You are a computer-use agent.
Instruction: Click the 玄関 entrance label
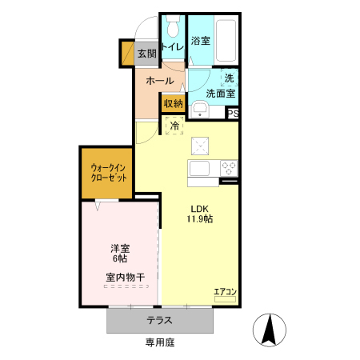pyautogui.click(x=146, y=54)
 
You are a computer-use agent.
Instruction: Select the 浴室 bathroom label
pyautogui.click(x=201, y=40)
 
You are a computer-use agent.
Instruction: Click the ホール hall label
pyautogui.click(x=160, y=81)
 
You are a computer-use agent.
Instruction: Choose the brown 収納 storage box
pyautogui.click(x=174, y=103)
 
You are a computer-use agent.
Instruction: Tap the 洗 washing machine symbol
pyautogui.click(x=229, y=78)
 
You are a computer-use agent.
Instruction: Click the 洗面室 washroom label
pyautogui.click(x=220, y=94)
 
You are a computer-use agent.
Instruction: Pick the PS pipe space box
pyautogui.click(x=233, y=114)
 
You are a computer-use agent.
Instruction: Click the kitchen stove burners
pyautogui.click(x=229, y=169)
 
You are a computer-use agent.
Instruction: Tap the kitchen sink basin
pyautogui.click(x=198, y=169)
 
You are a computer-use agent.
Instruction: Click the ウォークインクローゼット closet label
pyautogui.click(x=107, y=172)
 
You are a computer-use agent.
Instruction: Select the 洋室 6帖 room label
pyautogui.click(x=120, y=254)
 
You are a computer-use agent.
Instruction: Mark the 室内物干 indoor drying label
pyautogui.click(x=124, y=278)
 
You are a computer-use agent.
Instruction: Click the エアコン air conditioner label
pyautogui.click(x=225, y=292)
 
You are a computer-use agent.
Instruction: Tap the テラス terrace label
pyautogui.click(x=159, y=320)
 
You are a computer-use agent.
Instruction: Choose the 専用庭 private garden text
pyautogui.click(x=159, y=342)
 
